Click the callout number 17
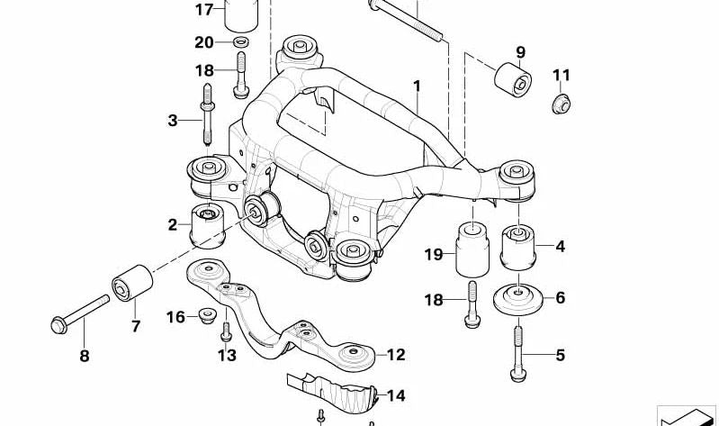click(x=204, y=9)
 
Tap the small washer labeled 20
click(x=241, y=42)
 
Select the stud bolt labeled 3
click(x=207, y=114)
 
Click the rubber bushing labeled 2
click(x=208, y=225)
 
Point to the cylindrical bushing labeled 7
click(x=132, y=282)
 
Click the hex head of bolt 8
click(x=58, y=325)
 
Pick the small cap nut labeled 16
click(x=207, y=316)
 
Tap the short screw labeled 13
click(x=226, y=331)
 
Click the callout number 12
click(x=396, y=354)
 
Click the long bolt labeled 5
click(x=517, y=353)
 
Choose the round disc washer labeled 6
click(x=518, y=300)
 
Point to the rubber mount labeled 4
click(x=518, y=248)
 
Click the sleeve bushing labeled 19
click(x=472, y=249)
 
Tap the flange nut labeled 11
click(x=561, y=104)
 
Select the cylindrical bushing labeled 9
click(x=513, y=79)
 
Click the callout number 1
click(x=417, y=86)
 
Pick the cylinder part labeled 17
click(x=241, y=14)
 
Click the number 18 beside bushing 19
click(x=434, y=300)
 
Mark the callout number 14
click(x=396, y=395)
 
